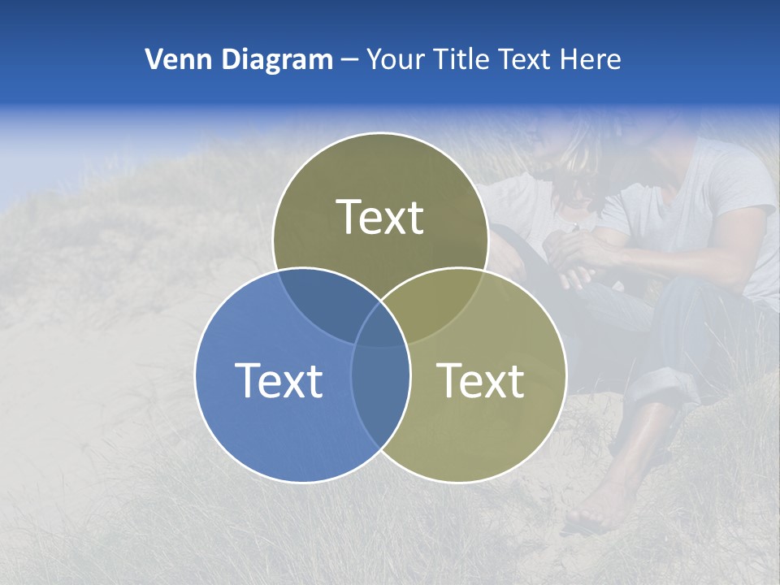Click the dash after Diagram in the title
click(349, 60)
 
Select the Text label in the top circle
click(380, 217)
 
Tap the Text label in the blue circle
click(279, 380)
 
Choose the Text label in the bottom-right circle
click(481, 380)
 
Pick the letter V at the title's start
click(153, 59)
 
